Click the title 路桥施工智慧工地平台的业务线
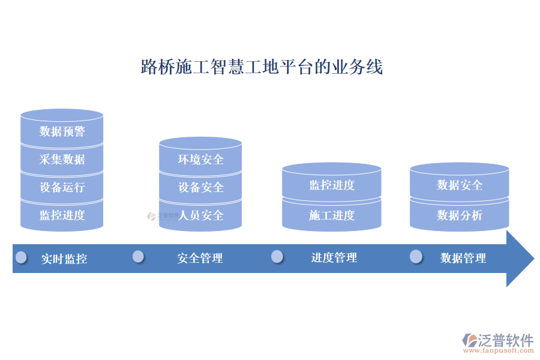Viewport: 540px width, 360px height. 262,67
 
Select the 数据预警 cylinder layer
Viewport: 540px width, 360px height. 62,131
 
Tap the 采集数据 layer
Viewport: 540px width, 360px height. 62,159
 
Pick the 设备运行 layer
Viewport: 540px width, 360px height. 62,187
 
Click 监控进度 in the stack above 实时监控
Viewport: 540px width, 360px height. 62,215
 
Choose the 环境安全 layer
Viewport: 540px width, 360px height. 200,159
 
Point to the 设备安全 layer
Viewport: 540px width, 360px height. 200,187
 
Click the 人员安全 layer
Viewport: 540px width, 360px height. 200,215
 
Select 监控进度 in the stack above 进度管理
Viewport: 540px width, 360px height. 332,185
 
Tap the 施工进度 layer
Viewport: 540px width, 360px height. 332,215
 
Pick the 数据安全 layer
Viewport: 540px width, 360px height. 459,185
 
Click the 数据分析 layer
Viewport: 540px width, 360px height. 459,215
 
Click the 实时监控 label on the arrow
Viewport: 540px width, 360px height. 64,259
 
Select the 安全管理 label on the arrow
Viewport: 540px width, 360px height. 200,258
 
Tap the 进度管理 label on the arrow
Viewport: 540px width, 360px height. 334,257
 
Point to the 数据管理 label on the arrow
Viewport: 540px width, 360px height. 463,258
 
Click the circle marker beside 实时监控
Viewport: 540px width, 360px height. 22,257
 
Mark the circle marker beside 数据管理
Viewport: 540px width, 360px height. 416,257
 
